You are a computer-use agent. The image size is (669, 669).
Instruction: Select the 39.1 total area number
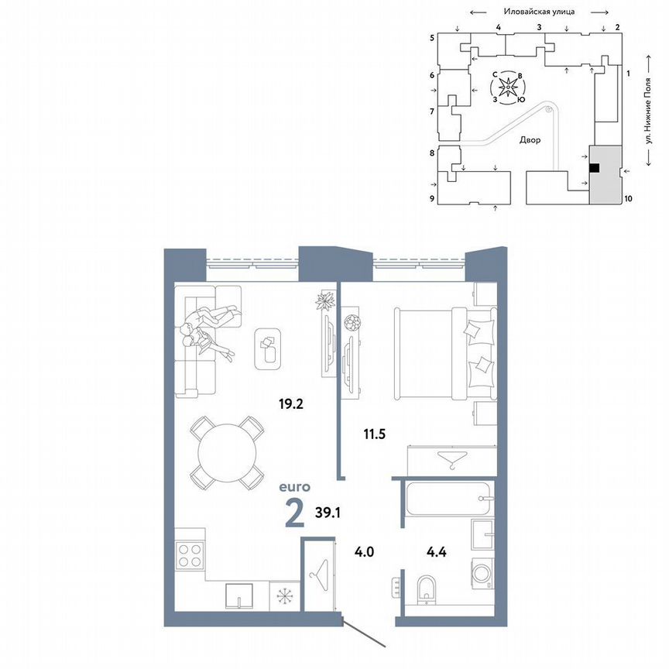point(328,511)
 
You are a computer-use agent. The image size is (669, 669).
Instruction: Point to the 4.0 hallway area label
point(364,553)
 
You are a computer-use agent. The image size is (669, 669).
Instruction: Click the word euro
point(295,487)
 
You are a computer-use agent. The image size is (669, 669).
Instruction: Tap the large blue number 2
point(294,513)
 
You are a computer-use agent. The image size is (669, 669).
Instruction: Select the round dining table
point(228,453)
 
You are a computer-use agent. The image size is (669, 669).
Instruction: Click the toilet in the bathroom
point(424,591)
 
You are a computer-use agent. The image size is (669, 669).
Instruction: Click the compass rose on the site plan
point(508,87)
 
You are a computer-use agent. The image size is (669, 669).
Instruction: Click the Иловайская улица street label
point(537,12)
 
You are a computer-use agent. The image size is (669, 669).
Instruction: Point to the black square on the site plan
point(594,167)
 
